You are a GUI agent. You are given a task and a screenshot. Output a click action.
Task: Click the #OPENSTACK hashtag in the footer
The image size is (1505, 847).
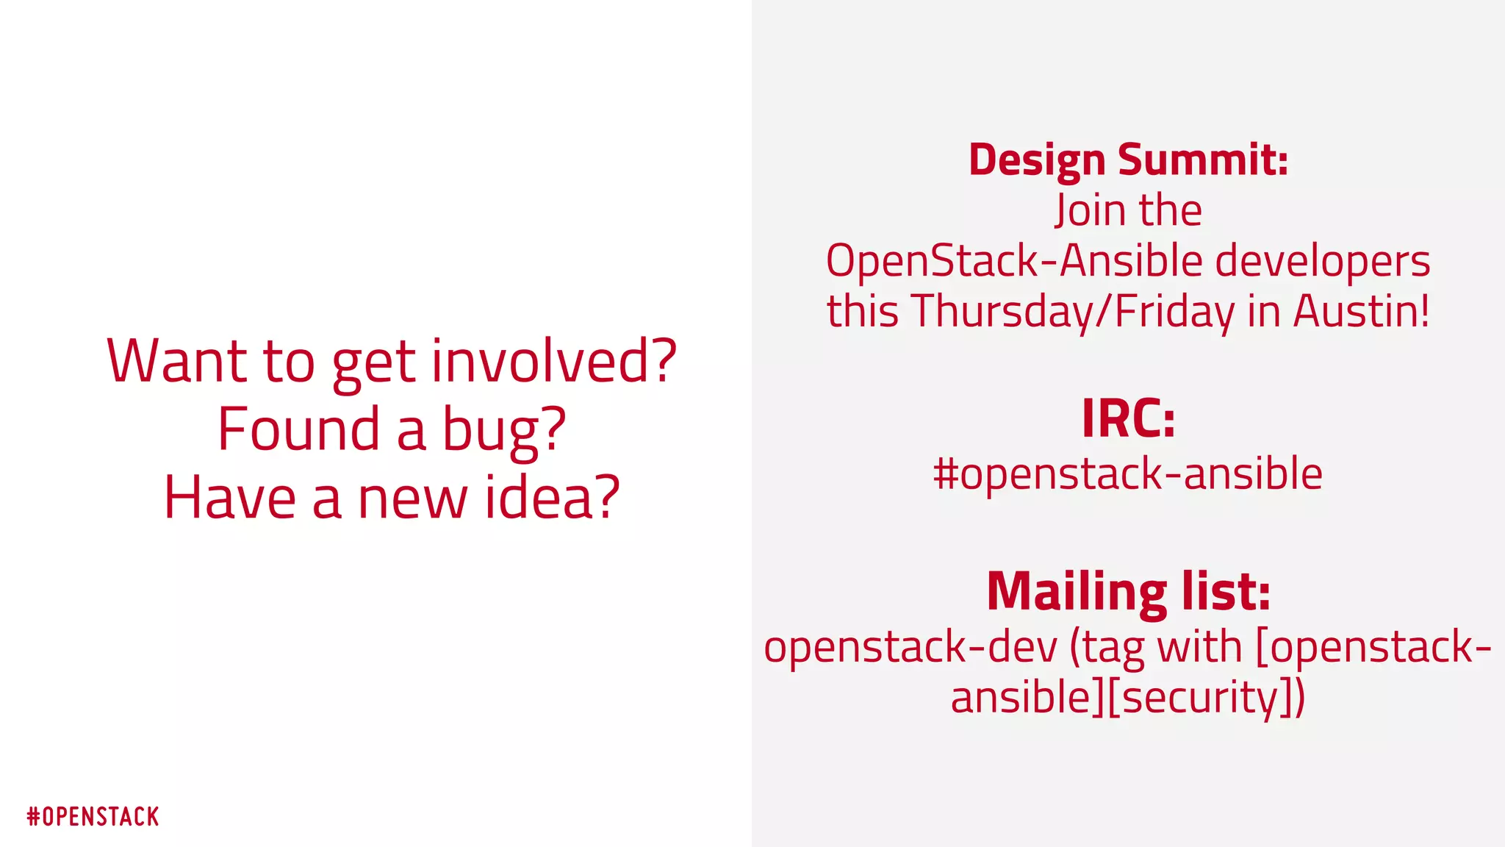[93, 817]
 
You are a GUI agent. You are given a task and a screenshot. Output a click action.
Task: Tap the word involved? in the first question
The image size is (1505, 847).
[553, 361]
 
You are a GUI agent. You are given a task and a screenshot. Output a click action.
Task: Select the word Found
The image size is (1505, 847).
[299, 429]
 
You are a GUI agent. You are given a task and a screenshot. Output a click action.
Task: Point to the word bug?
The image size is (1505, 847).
[504, 431]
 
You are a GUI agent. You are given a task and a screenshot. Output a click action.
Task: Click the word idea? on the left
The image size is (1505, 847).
[552, 498]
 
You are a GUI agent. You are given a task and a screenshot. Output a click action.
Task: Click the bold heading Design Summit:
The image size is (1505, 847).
[1128, 160]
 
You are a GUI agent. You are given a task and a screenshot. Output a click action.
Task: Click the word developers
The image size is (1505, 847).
[1322, 262]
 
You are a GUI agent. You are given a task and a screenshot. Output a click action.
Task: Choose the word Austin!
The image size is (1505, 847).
[1362, 311]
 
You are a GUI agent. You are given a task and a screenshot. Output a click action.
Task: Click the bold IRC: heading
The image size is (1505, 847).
[1128, 418]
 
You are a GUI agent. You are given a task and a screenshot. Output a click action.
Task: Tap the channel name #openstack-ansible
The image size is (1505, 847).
[1128, 474]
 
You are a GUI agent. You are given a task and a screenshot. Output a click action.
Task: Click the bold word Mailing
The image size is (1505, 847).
[1076, 593]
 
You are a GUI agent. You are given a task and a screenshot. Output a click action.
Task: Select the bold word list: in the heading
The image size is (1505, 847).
[1226, 592]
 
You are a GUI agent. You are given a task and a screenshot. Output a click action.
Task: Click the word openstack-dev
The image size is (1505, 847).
[910, 648]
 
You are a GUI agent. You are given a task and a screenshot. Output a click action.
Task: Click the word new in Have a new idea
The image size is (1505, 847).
[412, 498]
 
